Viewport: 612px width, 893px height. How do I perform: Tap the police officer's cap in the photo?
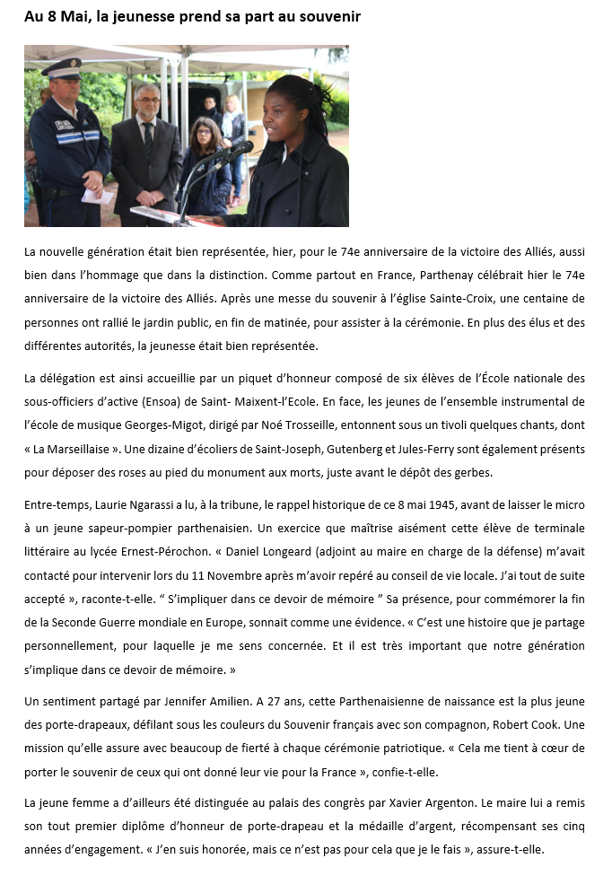(61, 68)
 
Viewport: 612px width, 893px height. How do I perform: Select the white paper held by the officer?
(96, 195)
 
